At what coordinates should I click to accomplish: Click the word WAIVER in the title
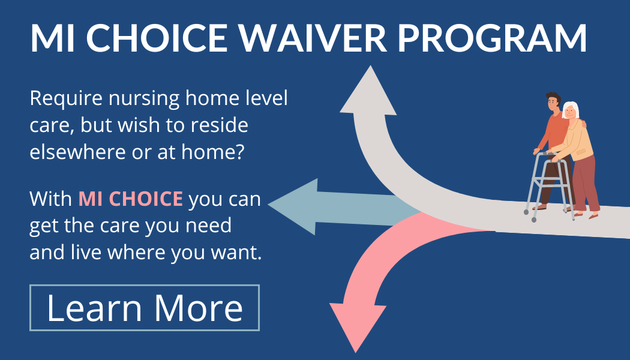[x=313, y=38]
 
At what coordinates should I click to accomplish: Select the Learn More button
[x=145, y=308]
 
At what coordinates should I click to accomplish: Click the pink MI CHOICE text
[x=131, y=199]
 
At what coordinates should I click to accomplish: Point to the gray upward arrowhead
[x=368, y=91]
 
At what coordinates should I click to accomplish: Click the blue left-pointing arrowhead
[x=293, y=206]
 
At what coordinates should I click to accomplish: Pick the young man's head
[x=553, y=102]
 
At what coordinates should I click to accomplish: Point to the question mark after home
[x=240, y=152]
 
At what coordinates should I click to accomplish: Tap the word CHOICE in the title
[x=156, y=38]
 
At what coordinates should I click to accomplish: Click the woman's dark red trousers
[x=586, y=184]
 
